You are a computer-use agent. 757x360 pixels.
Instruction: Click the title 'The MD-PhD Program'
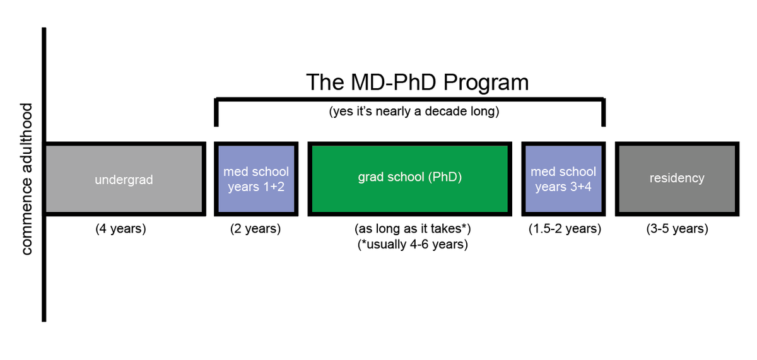[x=417, y=83]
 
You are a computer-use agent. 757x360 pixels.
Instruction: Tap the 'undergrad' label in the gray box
[x=124, y=180]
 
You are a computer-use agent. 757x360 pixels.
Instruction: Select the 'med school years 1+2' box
[x=255, y=179]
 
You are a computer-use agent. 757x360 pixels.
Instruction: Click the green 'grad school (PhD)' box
[x=410, y=178]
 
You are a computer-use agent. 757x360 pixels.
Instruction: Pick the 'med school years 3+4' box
[x=563, y=179]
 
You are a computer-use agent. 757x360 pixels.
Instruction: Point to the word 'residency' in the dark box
[x=676, y=178]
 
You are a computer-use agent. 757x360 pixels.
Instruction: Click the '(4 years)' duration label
[x=120, y=229]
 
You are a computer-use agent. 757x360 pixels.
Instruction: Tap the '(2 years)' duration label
[x=255, y=229]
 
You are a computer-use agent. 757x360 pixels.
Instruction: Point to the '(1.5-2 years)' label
[x=565, y=229]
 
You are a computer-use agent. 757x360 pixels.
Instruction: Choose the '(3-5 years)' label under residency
[x=677, y=229]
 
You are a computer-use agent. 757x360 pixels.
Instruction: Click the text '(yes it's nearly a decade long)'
[x=414, y=113]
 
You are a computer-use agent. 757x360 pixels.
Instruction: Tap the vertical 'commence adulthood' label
[x=26, y=178]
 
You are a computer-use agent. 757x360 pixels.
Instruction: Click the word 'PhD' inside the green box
[x=445, y=177]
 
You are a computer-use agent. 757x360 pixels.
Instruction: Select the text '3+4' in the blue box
[x=580, y=187]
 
